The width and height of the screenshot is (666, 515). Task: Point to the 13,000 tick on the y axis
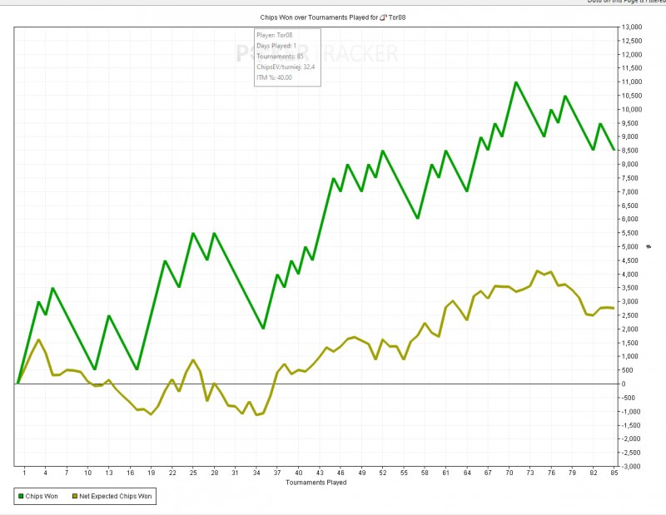[632, 27]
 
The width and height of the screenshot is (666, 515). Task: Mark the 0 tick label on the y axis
[624, 384]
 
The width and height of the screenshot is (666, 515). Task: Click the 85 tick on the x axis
[614, 473]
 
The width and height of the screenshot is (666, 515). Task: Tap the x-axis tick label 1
[25, 473]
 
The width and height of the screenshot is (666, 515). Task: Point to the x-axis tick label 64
[467, 473]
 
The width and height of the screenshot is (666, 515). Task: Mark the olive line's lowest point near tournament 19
[151, 413]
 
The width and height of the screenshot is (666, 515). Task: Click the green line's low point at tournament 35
[263, 329]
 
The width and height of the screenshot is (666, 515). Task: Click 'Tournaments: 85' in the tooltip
[279, 57]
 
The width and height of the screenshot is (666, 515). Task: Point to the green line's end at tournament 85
[614, 151]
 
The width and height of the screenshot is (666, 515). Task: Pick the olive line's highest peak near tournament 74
[537, 270]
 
